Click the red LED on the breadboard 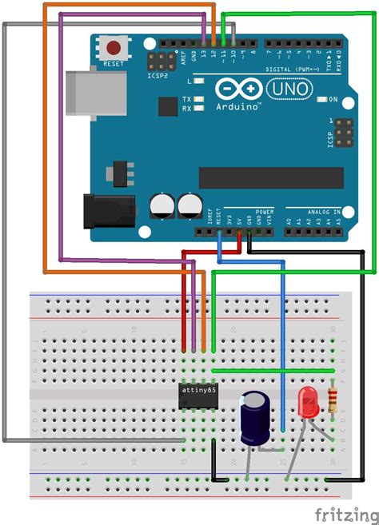308,401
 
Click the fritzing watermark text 345,512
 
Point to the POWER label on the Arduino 265,212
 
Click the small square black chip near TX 168,106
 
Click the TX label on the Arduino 186,99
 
